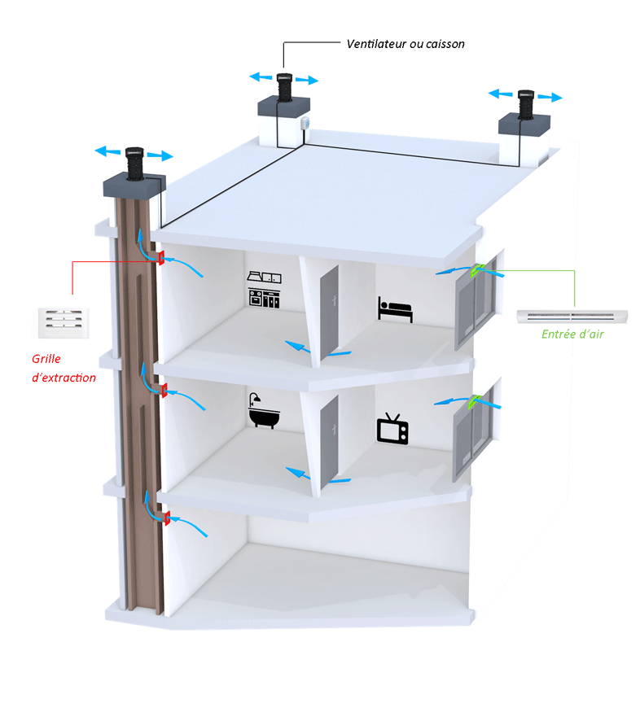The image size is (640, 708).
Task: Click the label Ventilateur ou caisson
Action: click(x=405, y=44)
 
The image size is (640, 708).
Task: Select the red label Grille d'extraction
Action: click(x=64, y=368)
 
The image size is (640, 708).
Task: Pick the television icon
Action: click(x=392, y=429)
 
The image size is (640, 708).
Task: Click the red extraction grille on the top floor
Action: click(x=161, y=259)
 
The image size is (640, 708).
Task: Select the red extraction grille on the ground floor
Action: click(x=166, y=518)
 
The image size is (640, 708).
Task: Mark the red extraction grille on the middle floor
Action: click(x=164, y=391)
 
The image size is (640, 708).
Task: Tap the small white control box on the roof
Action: click(x=306, y=124)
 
